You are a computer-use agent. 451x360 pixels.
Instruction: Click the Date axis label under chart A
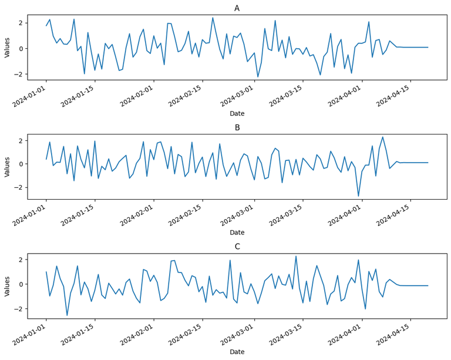pos(237,113)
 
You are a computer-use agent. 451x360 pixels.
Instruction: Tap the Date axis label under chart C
pos(237,352)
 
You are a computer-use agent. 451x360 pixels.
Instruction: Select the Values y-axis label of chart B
pos(8,166)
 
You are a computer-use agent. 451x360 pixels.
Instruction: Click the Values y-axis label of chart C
pos(8,285)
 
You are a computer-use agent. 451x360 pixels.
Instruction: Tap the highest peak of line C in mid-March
pos(296,256)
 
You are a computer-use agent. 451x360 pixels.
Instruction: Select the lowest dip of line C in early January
pos(67,315)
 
